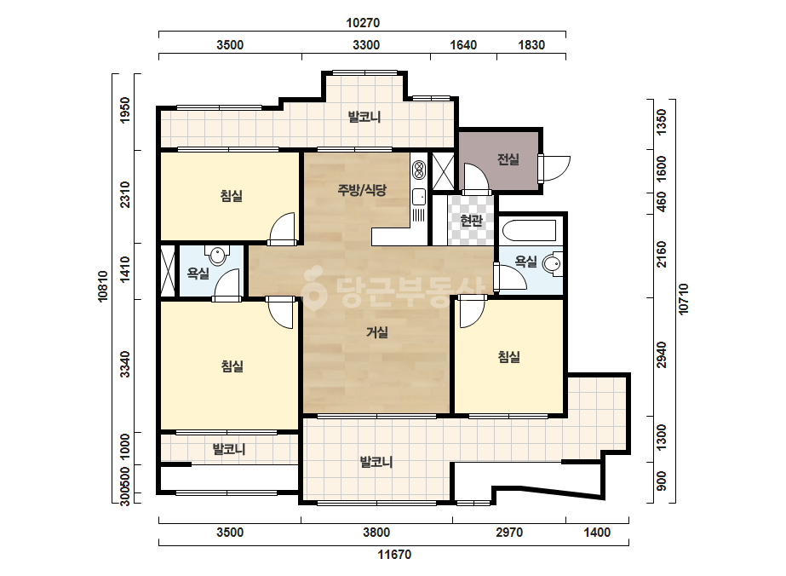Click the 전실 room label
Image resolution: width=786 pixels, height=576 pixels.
(x=508, y=159)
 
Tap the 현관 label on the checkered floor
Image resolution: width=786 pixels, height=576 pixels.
(x=471, y=220)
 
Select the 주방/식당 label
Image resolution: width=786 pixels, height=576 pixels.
(x=362, y=190)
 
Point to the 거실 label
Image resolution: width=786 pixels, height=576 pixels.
(x=377, y=332)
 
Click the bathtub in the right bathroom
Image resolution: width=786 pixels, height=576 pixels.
(x=530, y=230)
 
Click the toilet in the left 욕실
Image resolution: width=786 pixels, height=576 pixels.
(x=217, y=255)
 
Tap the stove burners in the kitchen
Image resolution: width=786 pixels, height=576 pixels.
(x=418, y=170)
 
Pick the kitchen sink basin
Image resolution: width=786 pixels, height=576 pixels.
(x=418, y=197)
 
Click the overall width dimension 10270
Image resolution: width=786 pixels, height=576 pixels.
(x=363, y=22)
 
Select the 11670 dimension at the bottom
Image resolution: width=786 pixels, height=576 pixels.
(x=394, y=555)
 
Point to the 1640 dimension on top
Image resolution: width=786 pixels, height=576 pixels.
(x=463, y=44)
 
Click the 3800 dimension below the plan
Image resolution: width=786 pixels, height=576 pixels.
(x=376, y=532)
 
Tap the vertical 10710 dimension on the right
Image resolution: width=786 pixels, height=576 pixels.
(x=683, y=300)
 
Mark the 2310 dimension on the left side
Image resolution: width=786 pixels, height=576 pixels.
(x=125, y=194)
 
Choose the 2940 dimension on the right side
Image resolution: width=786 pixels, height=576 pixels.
(x=662, y=354)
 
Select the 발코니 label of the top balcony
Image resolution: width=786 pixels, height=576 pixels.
(x=364, y=117)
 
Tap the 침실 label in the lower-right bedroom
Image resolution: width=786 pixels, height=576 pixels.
(x=508, y=357)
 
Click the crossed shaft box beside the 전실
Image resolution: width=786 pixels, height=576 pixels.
(x=443, y=170)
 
